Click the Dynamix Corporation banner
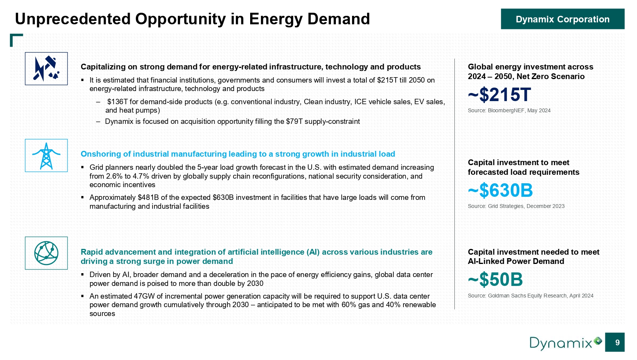(x=562, y=19)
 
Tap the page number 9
(x=615, y=342)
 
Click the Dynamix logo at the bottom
(x=565, y=343)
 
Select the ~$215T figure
(x=499, y=95)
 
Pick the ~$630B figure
(x=500, y=190)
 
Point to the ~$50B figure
(x=495, y=280)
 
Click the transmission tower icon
(x=46, y=155)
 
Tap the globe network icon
(x=46, y=253)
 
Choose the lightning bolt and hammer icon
(x=46, y=68)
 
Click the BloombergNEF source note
(x=509, y=110)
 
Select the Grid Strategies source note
(x=516, y=206)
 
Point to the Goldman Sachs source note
(x=531, y=296)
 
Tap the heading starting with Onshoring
(x=238, y=154)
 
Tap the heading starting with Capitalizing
(x=251, y=67)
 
